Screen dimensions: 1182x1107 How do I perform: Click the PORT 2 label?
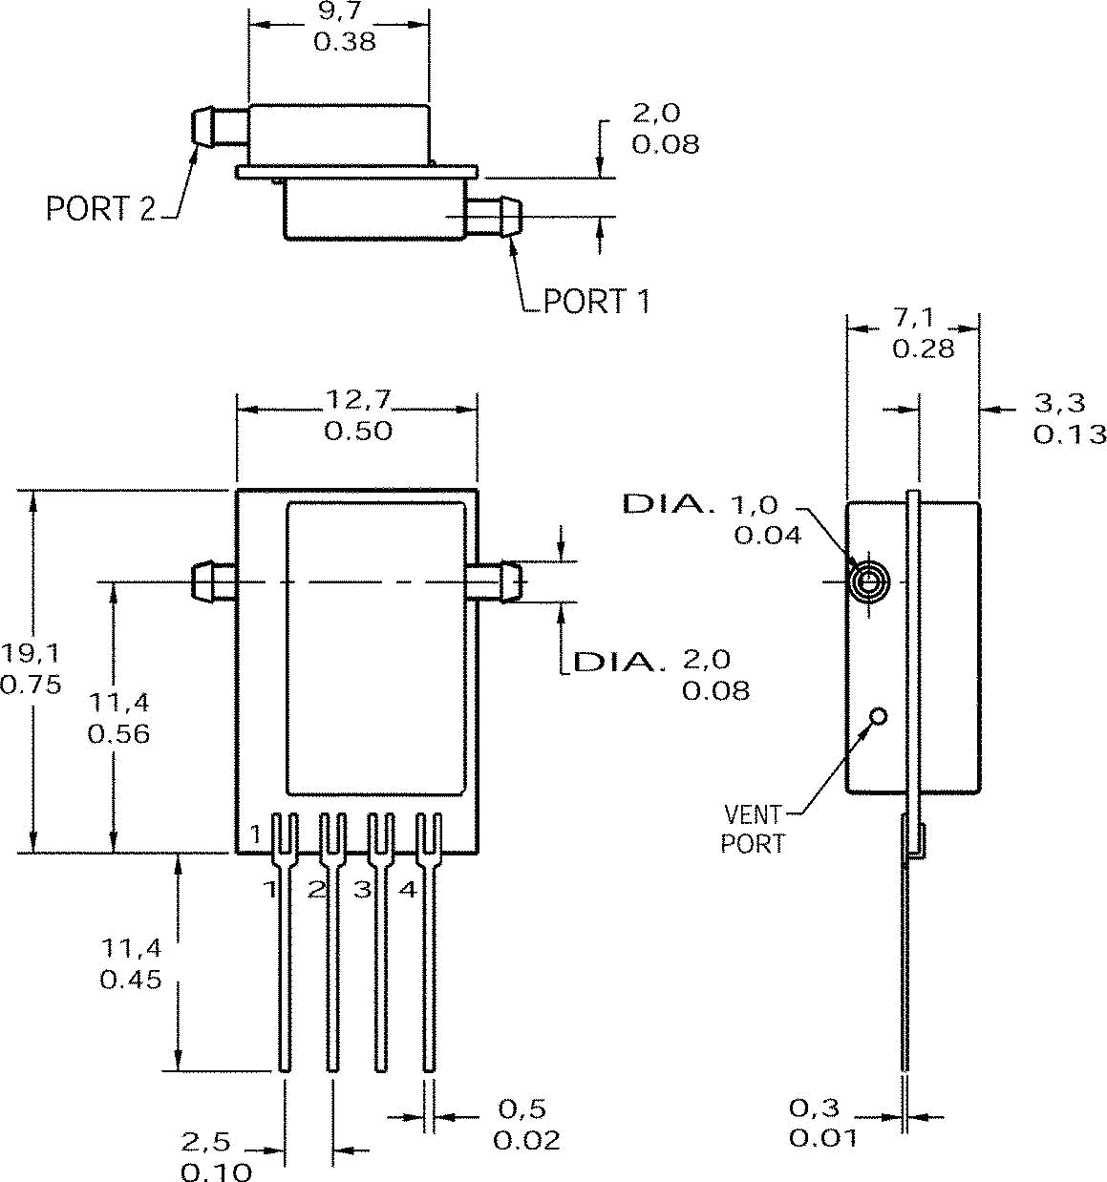100,208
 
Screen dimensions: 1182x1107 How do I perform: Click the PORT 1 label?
597,302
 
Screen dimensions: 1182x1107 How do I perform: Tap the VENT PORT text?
753,829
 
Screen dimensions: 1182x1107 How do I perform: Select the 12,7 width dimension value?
358,399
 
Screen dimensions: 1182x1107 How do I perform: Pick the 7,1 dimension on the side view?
914,318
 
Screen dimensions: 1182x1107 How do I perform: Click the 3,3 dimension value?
1060,403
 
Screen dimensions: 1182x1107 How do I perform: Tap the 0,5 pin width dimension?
522,1108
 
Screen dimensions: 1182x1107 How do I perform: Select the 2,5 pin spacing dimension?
206,1142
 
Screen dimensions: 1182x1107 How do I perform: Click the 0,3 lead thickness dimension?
814,1108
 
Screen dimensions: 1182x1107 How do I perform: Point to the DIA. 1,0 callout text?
702,504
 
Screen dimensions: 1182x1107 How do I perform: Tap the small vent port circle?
878,716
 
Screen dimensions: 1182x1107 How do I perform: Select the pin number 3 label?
362,890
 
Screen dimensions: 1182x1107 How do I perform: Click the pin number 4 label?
408,890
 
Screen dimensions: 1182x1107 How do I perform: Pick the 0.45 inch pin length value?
131,980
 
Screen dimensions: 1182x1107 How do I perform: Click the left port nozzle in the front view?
212,580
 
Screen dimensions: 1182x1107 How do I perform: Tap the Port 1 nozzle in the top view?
496,217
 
